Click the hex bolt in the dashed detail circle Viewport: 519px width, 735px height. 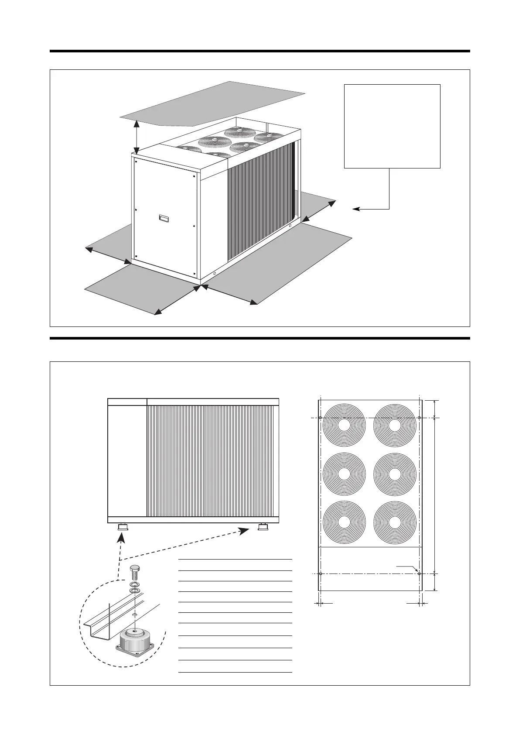(134, 572)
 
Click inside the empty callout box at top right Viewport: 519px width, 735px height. (392, 126)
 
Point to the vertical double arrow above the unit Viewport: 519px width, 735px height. (137, 137)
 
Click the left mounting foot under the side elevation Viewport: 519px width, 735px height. (123, 527)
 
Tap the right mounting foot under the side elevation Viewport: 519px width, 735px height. (263, 527)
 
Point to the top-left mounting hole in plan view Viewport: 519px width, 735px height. (321, 418)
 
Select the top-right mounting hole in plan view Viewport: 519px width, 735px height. (419, 418)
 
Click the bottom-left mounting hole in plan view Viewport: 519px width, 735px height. (321, 573)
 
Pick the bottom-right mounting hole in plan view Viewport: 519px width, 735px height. (419, 573)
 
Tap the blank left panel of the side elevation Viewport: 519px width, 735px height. (127, 460)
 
